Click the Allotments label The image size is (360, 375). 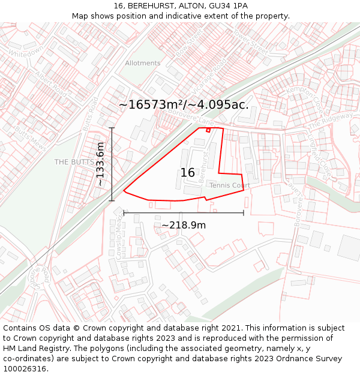[143, 63]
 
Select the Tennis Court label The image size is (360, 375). [229, 185]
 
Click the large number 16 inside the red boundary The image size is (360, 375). [187, 173]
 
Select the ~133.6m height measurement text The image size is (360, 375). [100, 164]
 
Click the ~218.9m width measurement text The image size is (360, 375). [184, 225]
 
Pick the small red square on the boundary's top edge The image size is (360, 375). [208, 130]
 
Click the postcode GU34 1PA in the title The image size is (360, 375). [226, 5]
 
